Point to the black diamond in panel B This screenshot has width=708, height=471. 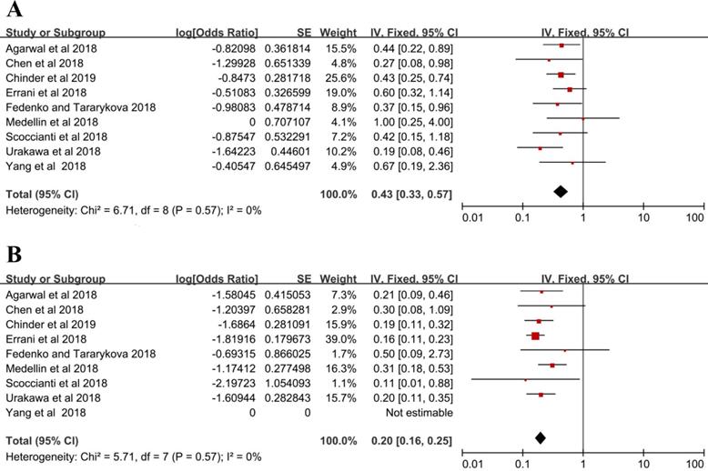pos(541,437)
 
